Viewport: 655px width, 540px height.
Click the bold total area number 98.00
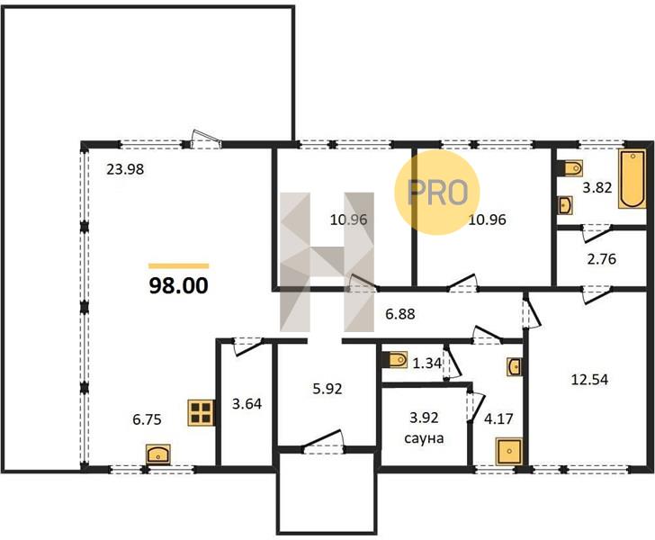pyautogui.click(x=178, y=286)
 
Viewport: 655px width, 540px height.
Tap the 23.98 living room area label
pyautogui.click(x=125, y=169)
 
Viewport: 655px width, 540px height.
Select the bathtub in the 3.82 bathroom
pyautogui.click(x=632, y=179)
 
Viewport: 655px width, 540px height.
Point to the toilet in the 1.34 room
pyautogui.click(x=398, y=359)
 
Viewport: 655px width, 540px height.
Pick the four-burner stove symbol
pyautogui.click(x=201, y=413)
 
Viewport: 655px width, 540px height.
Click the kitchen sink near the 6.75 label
pyautogui.click(x=158, y=454)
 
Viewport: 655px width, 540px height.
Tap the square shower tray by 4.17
pyautogui.click(x=509, y=451)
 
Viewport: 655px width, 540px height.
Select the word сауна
pyautogui.click(x=424, y=438)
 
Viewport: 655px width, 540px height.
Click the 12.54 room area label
pyautogui.click(x=589, y=380)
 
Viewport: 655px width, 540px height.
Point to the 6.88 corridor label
pyautogui.click(x=400, y=314)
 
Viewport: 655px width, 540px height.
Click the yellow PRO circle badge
pyautogui.click(x=437, y=192)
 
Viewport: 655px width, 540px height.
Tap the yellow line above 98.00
pyautogui.click(x=178, y=265)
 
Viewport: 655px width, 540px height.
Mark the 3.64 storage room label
pyautogui.click(x=247, y=404)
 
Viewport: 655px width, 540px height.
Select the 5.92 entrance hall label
pyautogui.click(x=327, y=389)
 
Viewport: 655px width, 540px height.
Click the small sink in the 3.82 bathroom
pyautogui.click(x=565, y=205)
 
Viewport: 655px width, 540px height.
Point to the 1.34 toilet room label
pyautogui.click(x=426, y=364)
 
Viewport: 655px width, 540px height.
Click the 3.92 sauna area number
pyautogui.click(x=424, y=417)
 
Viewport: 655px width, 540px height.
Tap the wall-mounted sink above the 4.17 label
pyautogui.click(x=514, y=367)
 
